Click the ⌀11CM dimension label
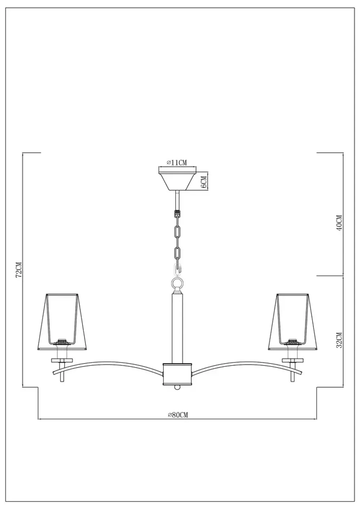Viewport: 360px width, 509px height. [177, 163]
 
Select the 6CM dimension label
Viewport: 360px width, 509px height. [203, 182]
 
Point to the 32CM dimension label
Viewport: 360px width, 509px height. [338, 340]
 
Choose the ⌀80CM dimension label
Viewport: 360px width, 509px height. [177, 415]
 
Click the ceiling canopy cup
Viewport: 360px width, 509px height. [177, 180]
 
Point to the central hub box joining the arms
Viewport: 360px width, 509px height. [177, 373]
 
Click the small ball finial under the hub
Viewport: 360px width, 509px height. [177, 387]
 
